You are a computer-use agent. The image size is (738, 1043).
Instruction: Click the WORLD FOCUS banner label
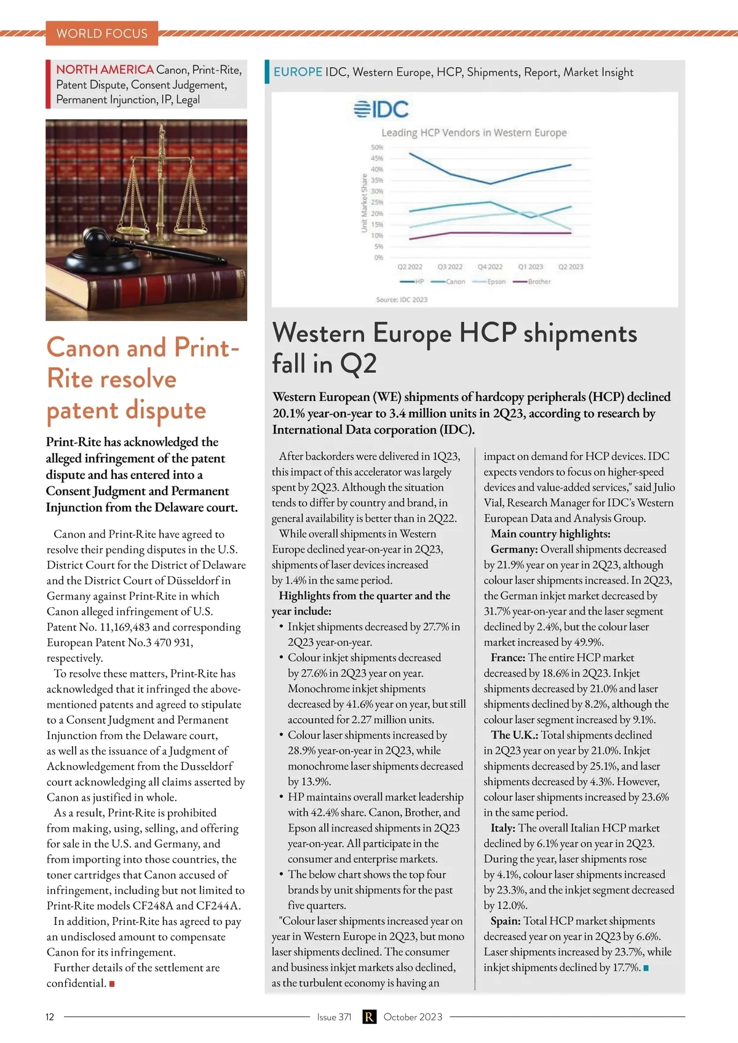point(102,33)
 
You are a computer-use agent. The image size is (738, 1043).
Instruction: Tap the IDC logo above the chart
point(381,109)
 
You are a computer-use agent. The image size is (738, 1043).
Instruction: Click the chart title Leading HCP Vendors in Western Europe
point(474,133)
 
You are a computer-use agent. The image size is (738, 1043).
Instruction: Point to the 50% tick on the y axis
point(376,148)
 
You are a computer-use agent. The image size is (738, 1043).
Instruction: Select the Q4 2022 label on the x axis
point(490,267)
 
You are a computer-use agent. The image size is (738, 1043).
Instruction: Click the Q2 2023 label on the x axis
point(571,267)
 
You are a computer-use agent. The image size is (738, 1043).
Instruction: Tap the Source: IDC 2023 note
point(402,299)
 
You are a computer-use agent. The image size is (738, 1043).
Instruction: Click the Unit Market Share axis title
point(364,203)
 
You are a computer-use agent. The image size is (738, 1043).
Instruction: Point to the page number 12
point(50,1017)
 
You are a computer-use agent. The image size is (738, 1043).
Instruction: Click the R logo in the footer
point(368,1017)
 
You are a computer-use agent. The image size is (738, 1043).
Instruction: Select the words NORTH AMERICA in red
point(105,69)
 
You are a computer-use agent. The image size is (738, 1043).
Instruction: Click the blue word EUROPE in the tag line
point(298,72)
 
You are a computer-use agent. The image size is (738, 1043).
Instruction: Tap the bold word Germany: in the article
point(514,549)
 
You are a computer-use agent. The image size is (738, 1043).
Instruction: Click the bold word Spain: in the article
point(506,921)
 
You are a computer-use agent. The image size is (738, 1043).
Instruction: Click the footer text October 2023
point(413,1017)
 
